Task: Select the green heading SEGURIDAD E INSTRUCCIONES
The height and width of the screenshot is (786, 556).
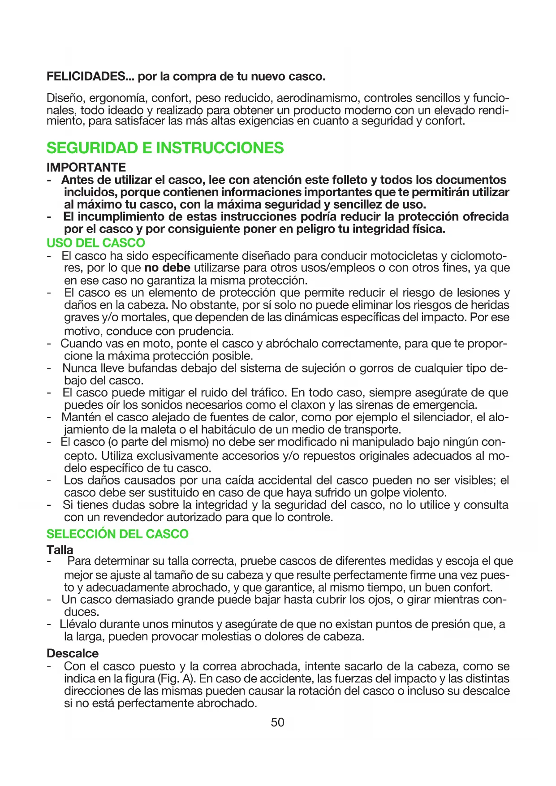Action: [x=165, y=148]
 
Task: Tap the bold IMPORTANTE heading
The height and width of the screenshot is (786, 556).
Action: [x=86, y=167]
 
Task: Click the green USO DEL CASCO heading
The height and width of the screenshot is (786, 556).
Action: [x=96, y=243]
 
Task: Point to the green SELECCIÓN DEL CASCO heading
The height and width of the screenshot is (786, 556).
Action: [x=117, y=534]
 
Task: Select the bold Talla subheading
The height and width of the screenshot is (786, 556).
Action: [x=60, y=549]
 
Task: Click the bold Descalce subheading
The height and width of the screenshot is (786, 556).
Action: [x=73, y=653]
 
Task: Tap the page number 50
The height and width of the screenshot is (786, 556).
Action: [x=278, y=722]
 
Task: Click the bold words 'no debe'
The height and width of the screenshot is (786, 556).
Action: [x=167, y=268]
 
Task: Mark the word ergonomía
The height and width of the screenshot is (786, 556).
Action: [x=121, y=98]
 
